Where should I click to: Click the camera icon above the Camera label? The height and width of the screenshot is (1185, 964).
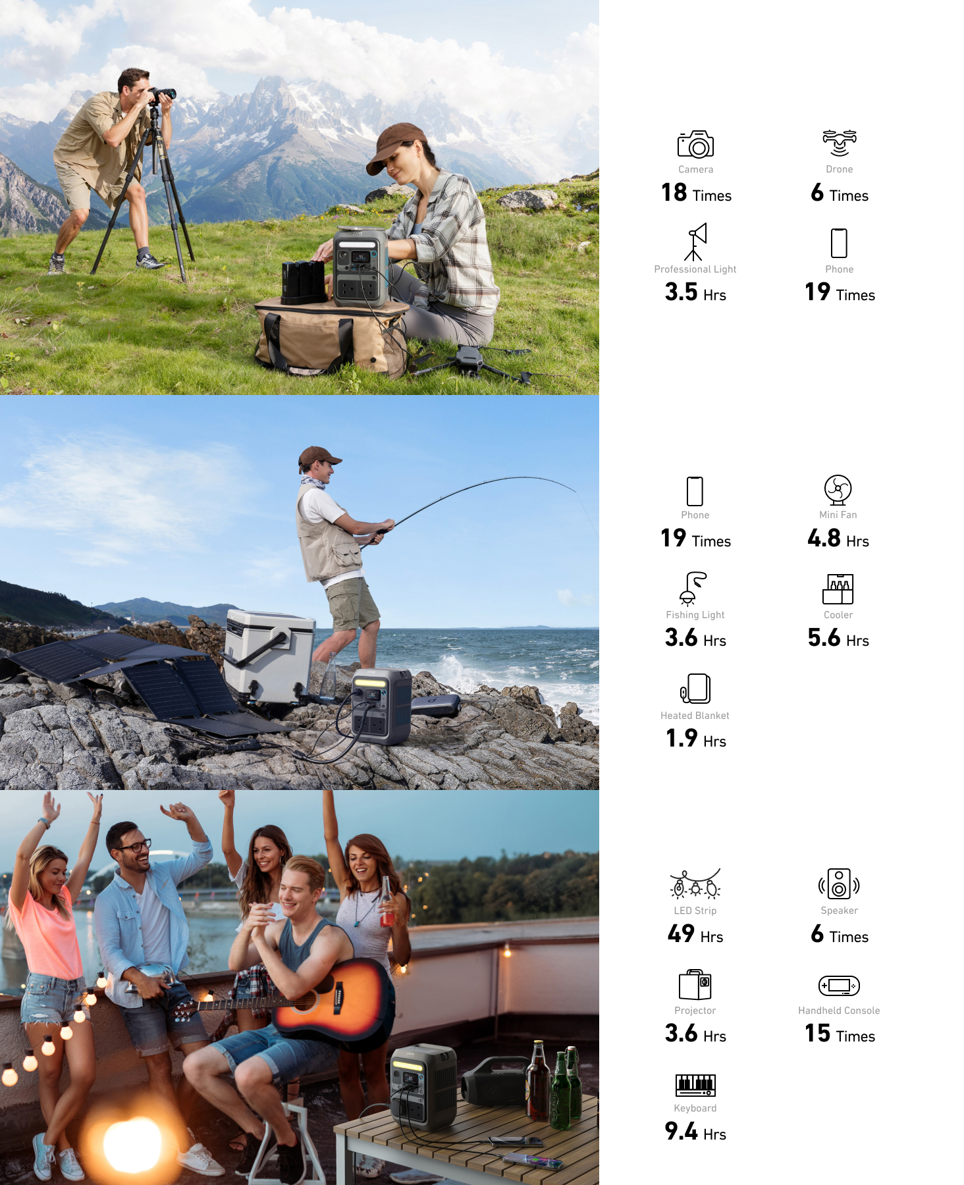[695, 144]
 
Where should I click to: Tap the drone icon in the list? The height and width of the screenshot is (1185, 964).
[839, 143]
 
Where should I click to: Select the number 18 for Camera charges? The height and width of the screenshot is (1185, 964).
[674, 192]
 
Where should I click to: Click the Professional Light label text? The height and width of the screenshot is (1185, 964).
[695, 269]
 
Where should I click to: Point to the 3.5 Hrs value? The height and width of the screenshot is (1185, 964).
[695, 292]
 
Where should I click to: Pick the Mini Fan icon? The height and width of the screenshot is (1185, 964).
[838, 489]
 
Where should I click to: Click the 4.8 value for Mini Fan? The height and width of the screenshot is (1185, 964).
[824, 538]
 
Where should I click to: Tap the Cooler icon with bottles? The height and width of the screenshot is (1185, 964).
[838, 589]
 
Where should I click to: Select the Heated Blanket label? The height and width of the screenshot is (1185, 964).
[695, 716]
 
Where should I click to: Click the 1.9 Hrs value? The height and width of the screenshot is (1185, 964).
[696, 738]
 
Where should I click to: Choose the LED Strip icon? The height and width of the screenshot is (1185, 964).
[695, 883]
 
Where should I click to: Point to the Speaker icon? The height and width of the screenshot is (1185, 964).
[839, 883]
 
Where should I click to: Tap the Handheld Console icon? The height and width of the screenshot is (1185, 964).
[839, 986]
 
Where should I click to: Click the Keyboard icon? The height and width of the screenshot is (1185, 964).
[695, 1084]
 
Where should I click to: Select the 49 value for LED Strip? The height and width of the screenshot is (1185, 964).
[681, 934]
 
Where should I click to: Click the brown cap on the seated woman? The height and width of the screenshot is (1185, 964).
[395, 146]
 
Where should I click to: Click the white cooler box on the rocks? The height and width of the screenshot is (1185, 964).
[268, 655]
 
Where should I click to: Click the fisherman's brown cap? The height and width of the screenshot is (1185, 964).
[319, 456]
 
